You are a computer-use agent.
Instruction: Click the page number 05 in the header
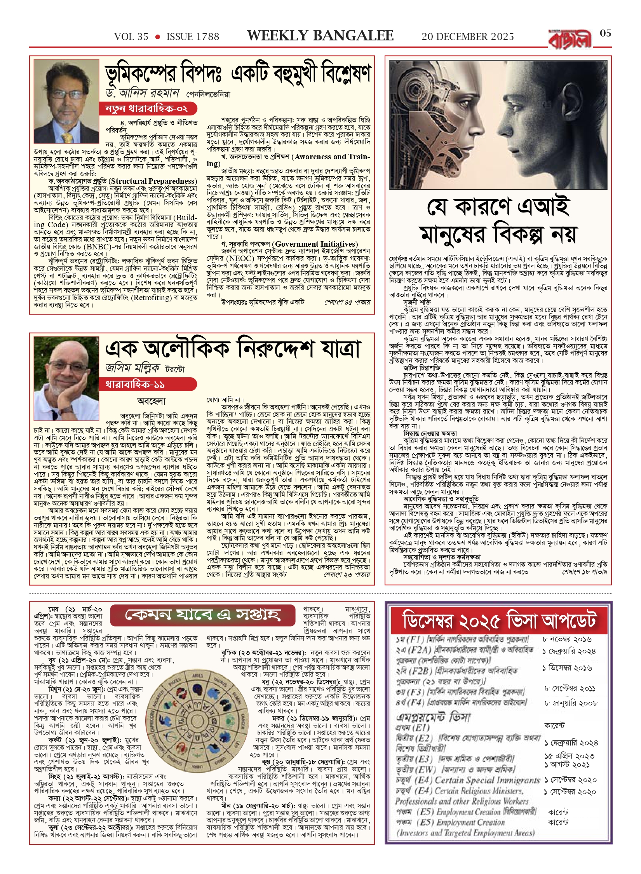605,33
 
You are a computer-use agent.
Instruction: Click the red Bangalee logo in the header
570,39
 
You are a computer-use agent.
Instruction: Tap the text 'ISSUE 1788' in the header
193,37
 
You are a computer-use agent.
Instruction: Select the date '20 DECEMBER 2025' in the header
468,37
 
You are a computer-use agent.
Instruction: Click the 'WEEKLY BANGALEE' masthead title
320,36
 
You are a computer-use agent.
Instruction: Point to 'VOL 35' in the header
131,37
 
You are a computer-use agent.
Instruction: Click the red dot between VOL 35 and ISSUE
157,37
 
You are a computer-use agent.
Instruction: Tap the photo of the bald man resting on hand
66,379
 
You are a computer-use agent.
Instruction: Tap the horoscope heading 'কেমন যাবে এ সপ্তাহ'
202,615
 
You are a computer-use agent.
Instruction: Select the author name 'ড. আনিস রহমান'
143,93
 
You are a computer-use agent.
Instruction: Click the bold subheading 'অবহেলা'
152,401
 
